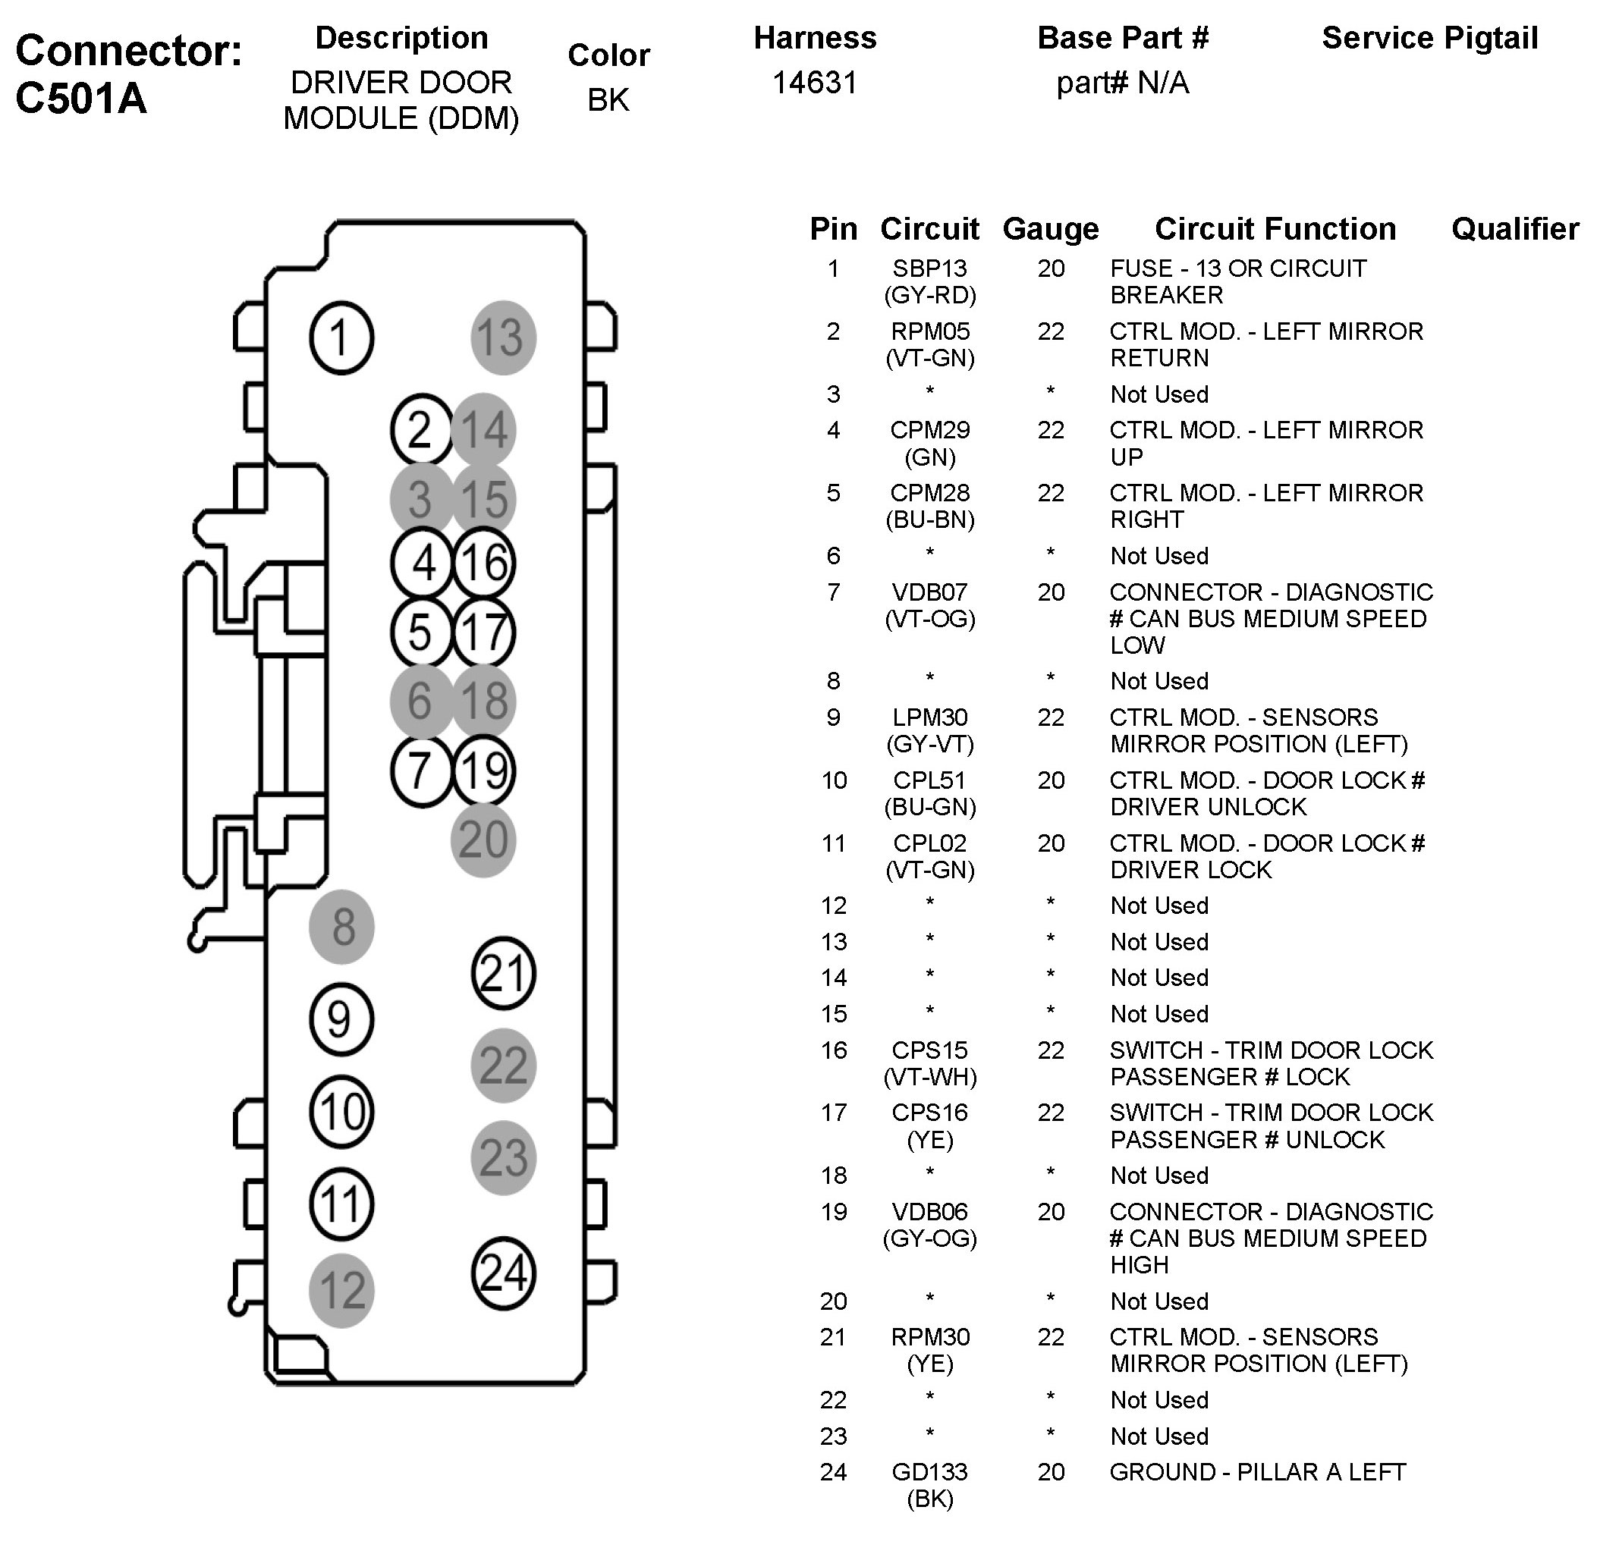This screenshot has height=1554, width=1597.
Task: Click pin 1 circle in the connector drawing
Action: click(341, 338)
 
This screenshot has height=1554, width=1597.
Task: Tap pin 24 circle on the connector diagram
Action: click(503, 1273)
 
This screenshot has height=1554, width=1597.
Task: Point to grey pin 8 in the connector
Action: click(341, 926)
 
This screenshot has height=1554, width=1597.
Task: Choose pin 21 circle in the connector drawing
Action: click(503, 973)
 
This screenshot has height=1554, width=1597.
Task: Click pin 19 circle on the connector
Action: click(484, 771)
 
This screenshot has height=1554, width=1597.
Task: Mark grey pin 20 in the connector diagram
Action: click(483, 840)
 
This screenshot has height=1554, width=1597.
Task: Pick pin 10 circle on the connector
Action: click(341, 1112)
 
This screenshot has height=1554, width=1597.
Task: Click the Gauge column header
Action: click(1050, 229)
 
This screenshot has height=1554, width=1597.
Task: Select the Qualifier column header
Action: click(1514, 229)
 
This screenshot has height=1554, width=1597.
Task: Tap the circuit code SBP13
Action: click(929, 268)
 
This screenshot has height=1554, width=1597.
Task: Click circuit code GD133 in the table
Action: click(929, 1471)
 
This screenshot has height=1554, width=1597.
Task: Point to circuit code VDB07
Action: click(929, 592)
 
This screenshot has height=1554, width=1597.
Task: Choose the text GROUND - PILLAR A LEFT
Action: click(1256, 1471)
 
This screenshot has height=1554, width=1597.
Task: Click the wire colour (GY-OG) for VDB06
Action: click(929, 1238)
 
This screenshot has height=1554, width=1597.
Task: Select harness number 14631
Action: click(814, 83)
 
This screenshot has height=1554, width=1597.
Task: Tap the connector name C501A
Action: click(81, 99)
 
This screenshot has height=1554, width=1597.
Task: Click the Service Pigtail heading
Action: click(1429, 39)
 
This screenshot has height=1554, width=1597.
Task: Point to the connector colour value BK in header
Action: click(608, 99)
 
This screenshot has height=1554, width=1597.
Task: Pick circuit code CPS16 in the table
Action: click(929, 1113)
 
